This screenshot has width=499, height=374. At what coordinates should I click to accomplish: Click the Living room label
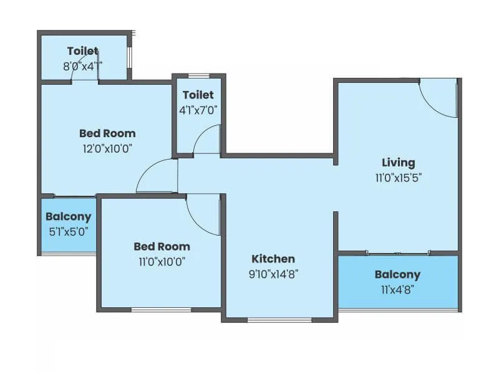(x=399, y=163)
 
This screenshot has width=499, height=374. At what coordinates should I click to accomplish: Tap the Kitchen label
(x=273, y=259)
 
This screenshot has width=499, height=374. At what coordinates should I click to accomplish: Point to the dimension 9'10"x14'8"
(x=273, y=273)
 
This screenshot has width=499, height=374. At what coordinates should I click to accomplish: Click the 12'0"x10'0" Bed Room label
(x=107, y=133)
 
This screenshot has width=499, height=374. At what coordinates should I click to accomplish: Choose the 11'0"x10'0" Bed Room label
(x=162, y=246)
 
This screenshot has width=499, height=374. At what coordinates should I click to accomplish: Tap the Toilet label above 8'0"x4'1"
(x=83, y=51)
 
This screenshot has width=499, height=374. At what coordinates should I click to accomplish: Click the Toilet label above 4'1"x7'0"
(x=198, y=95)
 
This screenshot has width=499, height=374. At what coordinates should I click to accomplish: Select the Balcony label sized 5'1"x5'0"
(x=69, y=217)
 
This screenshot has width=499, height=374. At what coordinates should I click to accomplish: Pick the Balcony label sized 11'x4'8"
(x=397, y=274)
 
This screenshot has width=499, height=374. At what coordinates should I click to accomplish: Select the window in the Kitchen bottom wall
(x=279, y=320)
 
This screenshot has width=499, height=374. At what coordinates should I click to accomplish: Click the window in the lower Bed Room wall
(x=161, y=309)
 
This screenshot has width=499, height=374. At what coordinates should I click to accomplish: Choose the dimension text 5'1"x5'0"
(x=69, y=230)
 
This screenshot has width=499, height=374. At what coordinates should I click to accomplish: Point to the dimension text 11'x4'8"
(x=397, y=289)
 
